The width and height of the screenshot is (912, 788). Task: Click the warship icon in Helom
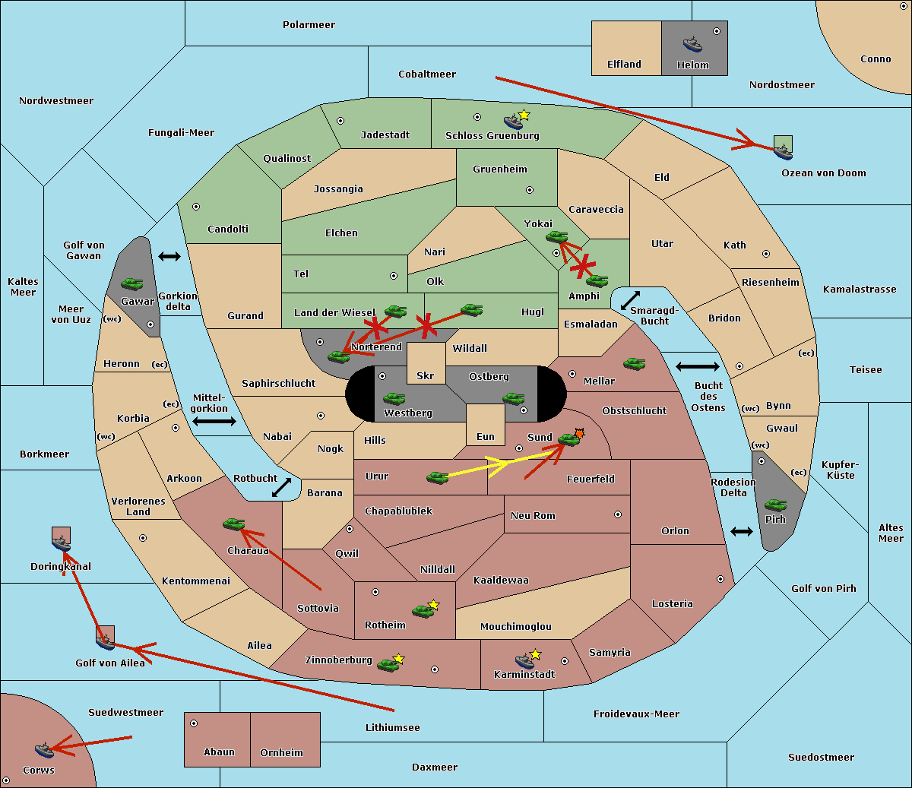pyautogui.click(x=692, y=44)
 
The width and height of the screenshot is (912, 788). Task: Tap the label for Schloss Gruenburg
pyautogui.click(x=492, y=135)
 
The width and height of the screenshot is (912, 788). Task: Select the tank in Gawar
pyautogui.click(x=132, y=283)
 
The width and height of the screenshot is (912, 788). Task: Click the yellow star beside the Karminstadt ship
pyautogui.click(x=535, y=654)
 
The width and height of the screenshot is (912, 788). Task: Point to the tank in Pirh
pyautogui.click(x=775, y=505)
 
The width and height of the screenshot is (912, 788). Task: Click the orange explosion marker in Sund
pyautogui.click(x=579, y=433)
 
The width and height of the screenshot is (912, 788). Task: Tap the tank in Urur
pyautogui.click(x=437, y=477)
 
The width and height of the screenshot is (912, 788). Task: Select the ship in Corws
pyautogui.click(x=44, y=750)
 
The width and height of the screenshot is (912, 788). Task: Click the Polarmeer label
pyautogui.click(x=309, y=25)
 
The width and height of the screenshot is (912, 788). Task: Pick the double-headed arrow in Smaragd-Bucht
pyautogui.click(x=630, y=300)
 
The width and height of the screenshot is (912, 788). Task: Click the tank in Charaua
pyautogui.click(x=234, y=524)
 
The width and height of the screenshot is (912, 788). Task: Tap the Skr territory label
pyautogui.click(x=426, y=375)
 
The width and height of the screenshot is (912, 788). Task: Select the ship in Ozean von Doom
pyautogui.click(x=783, y=152)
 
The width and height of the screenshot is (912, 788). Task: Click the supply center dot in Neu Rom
pyautogui.click(x=618, y=514)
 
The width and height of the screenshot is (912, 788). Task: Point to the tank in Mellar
pyautogui.click(x=635, y=363)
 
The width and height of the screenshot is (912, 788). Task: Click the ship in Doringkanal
pyautogui.click(x=61, y=543)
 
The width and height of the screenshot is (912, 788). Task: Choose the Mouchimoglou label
pyautogui.click(x=516, y=626)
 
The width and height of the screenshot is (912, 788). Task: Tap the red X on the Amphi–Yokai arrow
pyautogui.click(x=583, y=267)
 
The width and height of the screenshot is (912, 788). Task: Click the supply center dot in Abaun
pyautogui.click(x=193, y=723)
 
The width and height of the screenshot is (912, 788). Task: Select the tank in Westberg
pyautogui.click(x=394, y=398)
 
